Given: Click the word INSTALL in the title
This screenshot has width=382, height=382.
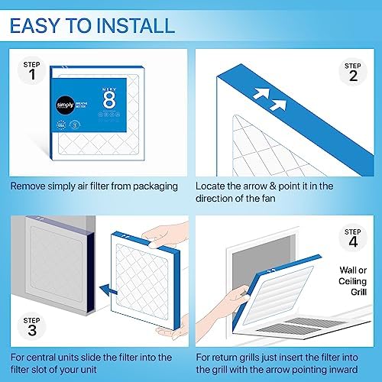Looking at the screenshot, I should tap(137, 25).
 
